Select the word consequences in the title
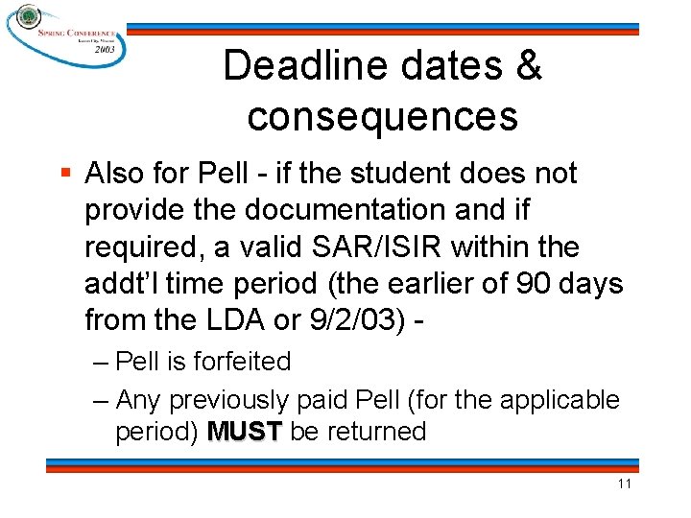click(382, 116)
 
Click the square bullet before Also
click(64, 174)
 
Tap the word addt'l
click(120, 283)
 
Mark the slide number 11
click(624, 483)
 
